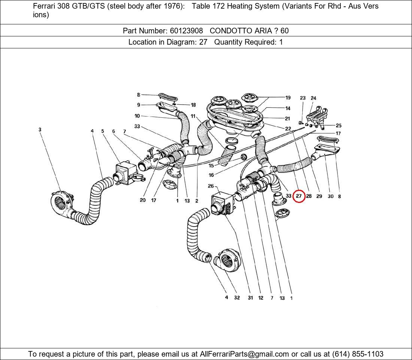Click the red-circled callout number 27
point(299,196)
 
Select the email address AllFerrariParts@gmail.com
point(244,354)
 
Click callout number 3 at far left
point(40,130)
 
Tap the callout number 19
point(288,98)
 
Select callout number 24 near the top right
point(313,98)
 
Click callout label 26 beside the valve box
point(210,186)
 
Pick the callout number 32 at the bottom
point(237,298)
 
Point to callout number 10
point(137,116)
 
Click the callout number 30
point(330,196)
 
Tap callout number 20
point(143,200)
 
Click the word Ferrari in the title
point(45,6)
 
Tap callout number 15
point(211,166)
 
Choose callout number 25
point(339,126)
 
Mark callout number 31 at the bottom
point(250,298)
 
